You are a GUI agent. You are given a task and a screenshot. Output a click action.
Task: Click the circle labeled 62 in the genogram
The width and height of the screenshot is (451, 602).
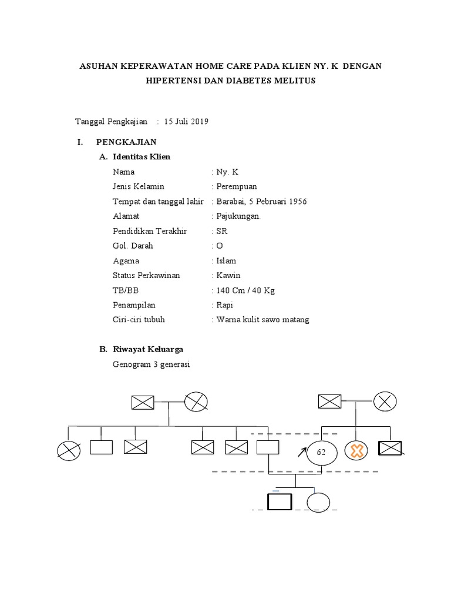[321, 451]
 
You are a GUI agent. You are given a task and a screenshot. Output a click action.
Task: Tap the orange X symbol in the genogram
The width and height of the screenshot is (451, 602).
[355, 451]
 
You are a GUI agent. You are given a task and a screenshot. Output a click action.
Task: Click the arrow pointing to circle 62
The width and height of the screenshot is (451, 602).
[302, 452]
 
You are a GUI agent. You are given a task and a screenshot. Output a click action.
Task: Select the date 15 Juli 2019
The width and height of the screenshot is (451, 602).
[186, 122]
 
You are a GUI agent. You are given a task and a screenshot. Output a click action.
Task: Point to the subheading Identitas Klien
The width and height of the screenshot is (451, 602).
[141, 157]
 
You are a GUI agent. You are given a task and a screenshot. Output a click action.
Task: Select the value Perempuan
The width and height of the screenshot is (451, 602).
[237, 187]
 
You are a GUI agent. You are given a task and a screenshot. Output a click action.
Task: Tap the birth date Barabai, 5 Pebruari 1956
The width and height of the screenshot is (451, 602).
[261, 202]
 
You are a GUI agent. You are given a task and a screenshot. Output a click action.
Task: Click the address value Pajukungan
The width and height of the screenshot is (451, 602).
[238, 216]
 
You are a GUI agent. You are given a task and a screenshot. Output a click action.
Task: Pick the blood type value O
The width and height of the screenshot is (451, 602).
[220, 246]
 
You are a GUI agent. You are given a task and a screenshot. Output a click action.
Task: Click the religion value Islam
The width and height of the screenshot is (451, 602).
[226, 260]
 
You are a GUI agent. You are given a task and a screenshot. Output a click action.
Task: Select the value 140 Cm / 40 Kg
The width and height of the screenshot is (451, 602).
[245, 290]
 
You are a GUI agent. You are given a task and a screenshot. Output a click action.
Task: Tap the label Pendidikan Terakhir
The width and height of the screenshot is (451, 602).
[150, 231]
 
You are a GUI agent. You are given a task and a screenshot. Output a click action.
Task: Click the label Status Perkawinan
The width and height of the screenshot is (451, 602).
[146, 275]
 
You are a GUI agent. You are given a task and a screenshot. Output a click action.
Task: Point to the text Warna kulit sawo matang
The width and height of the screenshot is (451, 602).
[262, 320]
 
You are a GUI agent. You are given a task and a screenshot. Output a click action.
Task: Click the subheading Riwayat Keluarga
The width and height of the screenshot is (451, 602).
[148, 349]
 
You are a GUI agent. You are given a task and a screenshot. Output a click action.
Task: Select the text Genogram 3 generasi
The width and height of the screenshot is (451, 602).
[152, 364]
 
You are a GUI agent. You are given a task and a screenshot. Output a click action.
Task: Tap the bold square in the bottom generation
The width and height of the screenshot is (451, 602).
[280, 501]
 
